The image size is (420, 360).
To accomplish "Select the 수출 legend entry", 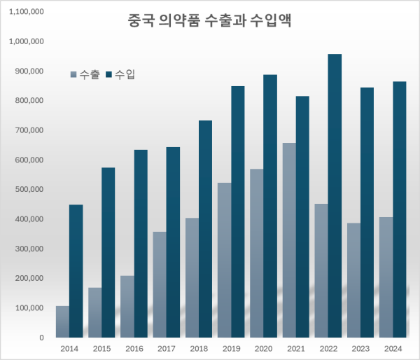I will pyautogui.click(x=85, y=74).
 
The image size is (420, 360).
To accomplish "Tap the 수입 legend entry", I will pyautogui.click(x=120, y=74).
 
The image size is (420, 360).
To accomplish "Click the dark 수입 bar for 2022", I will pyautogui.click(x=335, y=196).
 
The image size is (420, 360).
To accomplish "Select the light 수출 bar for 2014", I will pyautogui.click(x=62, y=321).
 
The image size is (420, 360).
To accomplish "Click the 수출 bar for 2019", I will pyautogui.click(x=224, y=260).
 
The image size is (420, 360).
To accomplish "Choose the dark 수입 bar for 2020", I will pyautogui.click(x=270, y=206).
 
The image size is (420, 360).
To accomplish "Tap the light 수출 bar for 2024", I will pyautogui.click(x=385, y=277).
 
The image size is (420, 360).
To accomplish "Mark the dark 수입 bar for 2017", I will pyautogui.click(x=173, y=242).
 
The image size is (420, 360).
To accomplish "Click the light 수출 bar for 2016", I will pyautogui.click(x=127, y=306).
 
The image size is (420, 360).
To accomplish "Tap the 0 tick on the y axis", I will pyautogui.click(x=41, y=338).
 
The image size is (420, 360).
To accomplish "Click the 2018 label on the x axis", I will pyautogui.click(x=198, y=349).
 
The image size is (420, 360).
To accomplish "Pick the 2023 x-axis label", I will pyautogui.click(x=360, y=349).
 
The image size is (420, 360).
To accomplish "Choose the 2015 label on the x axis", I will pyautogui.click(x=101, y=349).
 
